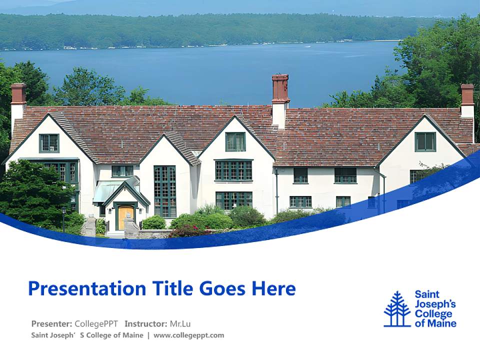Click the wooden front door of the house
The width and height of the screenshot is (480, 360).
(x=125, y=217)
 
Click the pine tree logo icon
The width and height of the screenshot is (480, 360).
(x=397, y=309)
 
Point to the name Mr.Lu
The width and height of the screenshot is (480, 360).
(x=180, y=323)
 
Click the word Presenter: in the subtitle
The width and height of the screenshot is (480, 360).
(x=51, y=323)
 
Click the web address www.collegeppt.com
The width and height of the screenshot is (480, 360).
(x=189, y=335)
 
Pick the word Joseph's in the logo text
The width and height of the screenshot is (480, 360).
(x=435, y=304)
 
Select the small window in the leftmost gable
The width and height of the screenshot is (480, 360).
(x=49, y=143)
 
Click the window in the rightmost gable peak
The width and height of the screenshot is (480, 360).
(x=425, y=141)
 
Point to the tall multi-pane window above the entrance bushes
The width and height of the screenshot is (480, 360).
(x=165, y=191)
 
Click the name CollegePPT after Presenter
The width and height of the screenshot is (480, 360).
(x=96, y=323)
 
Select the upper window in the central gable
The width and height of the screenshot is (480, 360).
(x=235, y=141)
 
